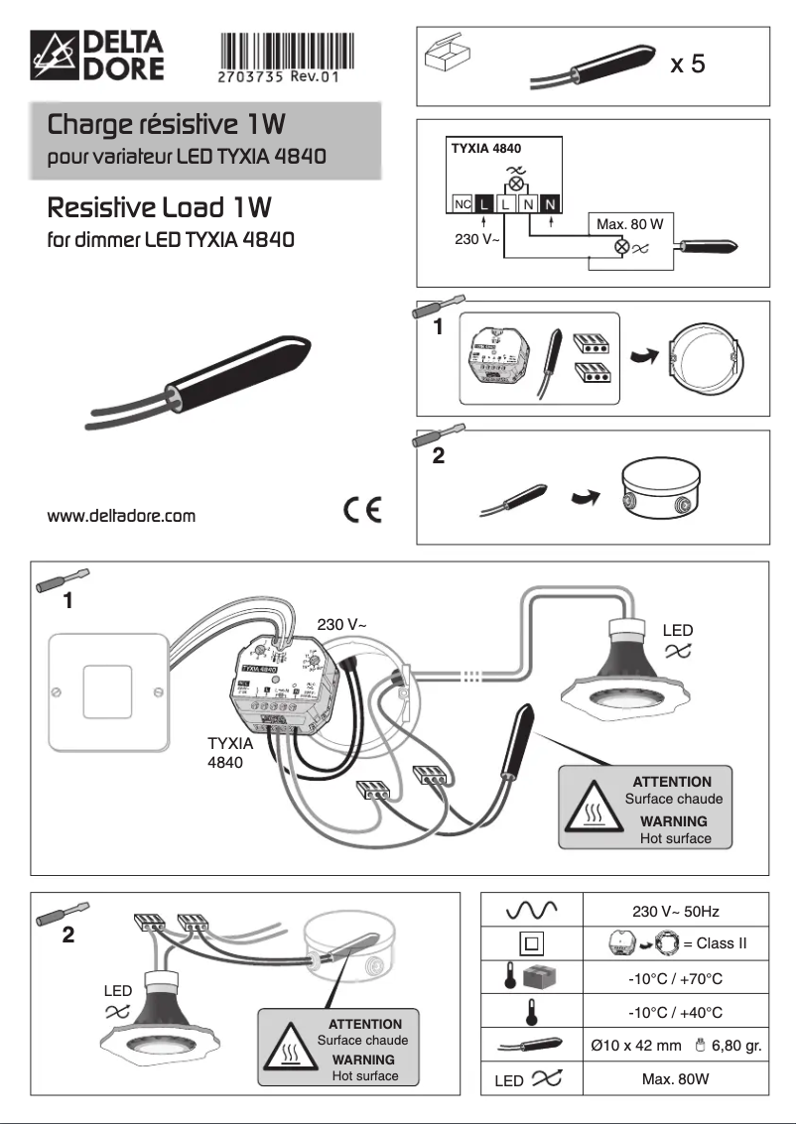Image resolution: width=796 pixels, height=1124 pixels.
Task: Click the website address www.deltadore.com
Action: [121, 516]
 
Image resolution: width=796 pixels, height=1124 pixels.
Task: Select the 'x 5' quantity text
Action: [688, 65]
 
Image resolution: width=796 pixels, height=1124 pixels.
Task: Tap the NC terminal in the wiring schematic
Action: [462, 204]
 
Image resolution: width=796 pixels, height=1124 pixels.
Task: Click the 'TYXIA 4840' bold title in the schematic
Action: [486, 148]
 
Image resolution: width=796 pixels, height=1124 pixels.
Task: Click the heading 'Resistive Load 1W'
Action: [160, 209]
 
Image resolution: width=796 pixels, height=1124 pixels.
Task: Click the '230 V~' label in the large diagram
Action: [342, 625]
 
